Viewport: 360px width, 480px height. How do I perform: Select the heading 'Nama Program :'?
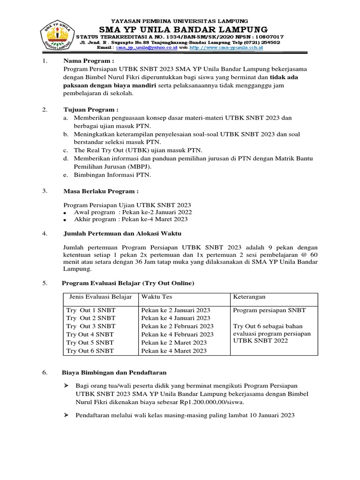89,61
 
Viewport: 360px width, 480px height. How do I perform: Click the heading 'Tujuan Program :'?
91,110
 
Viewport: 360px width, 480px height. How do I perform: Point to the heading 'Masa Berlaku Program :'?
101,191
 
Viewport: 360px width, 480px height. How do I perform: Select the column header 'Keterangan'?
249,297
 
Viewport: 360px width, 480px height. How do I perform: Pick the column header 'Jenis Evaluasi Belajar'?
100,297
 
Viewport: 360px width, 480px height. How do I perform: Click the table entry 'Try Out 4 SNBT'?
90,334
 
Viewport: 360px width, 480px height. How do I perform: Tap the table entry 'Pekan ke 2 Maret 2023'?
173,343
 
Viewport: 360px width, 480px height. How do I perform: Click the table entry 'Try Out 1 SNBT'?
91,310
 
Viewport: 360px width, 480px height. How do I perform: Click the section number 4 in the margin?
45,233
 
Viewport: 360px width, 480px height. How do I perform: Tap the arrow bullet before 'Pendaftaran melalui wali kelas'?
66,415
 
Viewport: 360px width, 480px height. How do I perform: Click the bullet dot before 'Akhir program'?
65,219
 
